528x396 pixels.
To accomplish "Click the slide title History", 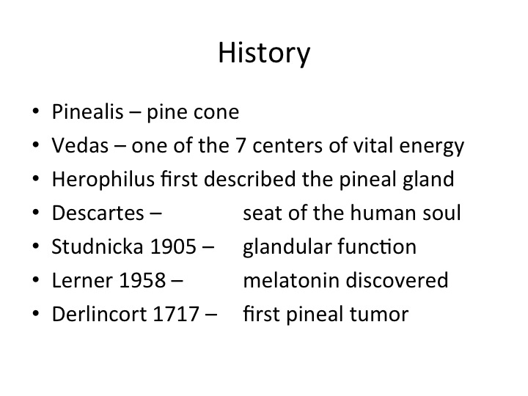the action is tap(264, 54).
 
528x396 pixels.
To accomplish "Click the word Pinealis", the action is tap(87, 111).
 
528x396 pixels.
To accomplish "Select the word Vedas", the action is tap(80, 145).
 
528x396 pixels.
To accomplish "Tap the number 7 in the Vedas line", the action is tap(240, 145).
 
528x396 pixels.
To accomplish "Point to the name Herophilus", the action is tap(103, 179).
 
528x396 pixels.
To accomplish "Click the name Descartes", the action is tap(98, 213).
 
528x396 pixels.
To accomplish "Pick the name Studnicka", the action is tap(98, 246).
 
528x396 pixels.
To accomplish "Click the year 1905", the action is tap(173, 246).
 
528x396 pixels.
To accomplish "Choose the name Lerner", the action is tap(82, 280).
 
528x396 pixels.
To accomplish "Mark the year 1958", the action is tap(142, 280).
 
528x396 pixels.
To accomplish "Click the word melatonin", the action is tap(291, 280).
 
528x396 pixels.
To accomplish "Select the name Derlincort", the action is tap(99, 314).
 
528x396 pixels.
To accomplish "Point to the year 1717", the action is tap(176, 314).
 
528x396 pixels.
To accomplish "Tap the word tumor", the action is tap(379, 314).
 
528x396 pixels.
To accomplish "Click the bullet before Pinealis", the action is tap(36, 111).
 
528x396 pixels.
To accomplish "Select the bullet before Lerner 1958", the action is tap(36, 279).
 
